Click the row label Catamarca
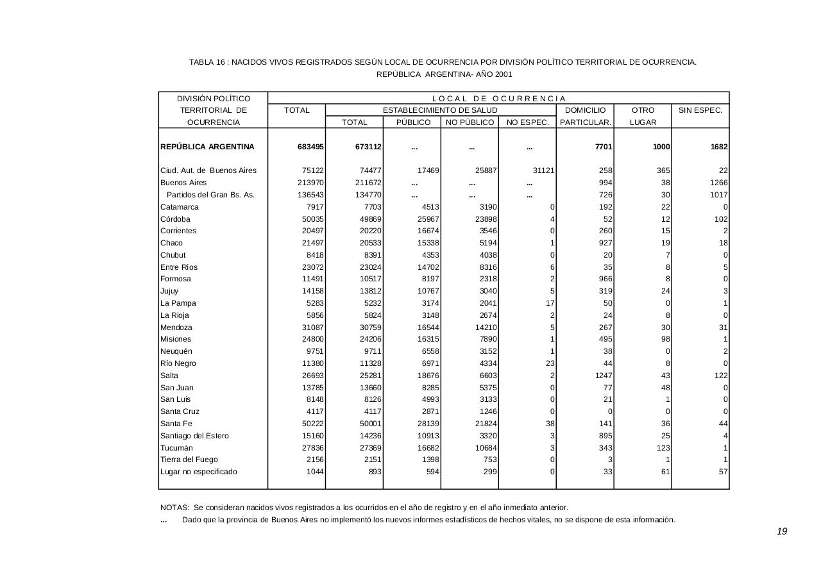click(x=180, y=207)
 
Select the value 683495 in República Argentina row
click(x=310, y=147)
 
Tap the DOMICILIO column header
click(x=585, y=110)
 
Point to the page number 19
click(x=781, y=531)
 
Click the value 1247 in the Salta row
click(x=602, y=376)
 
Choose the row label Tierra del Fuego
click(x=189, y=460)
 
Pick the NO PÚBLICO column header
click(x=470, y=122)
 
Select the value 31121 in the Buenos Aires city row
click(x=543, y=170)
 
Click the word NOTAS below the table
click(x=174, y=508)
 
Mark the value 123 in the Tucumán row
click(x=663, y=448)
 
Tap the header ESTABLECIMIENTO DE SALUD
click(x=440, y=110)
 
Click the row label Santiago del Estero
click(x=194, y=436)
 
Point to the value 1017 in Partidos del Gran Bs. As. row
click(x=718, y=195)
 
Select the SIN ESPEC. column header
click(x=700, y=110)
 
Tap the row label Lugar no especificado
click(x=198, y=472)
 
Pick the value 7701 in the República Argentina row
click(x=604, y=147)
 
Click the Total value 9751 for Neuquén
click(x=315, y=351)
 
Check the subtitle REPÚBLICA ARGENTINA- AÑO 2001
click(x=444, y=74)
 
